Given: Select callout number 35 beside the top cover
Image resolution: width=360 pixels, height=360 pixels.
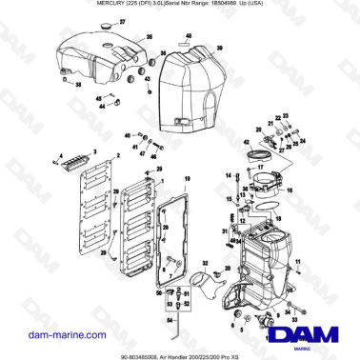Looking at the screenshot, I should pyautogui.click(x=148, y=37).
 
